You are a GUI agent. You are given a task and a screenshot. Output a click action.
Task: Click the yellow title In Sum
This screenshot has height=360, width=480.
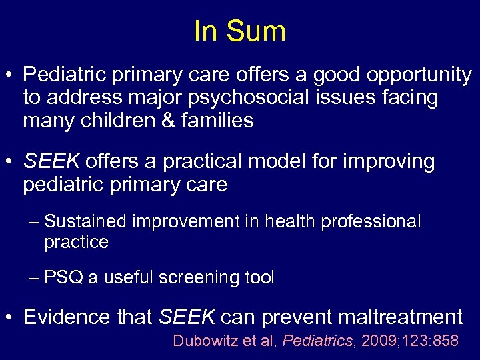(x=240, y=31)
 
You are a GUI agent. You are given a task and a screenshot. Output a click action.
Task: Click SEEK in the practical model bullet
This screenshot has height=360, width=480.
(x=52, y=161)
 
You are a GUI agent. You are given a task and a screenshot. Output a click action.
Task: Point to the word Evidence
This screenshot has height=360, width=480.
(x=67, y=317)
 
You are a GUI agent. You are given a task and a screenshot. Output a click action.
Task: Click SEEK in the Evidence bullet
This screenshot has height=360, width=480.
(x=187, y=317)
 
